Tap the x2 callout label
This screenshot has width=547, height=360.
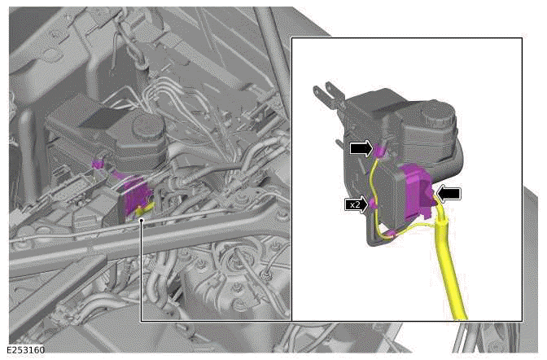point(355,205)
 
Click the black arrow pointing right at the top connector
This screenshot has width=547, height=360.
point(362,148)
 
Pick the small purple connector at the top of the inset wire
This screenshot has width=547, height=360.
point(379,148)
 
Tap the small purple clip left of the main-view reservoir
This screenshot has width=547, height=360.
point(98,164)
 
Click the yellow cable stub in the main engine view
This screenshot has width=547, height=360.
point(144,213)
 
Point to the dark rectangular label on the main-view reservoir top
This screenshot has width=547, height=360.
point(98,119)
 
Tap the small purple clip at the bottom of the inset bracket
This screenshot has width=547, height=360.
point(391,235)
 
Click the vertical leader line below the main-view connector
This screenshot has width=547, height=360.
point(141,269)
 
